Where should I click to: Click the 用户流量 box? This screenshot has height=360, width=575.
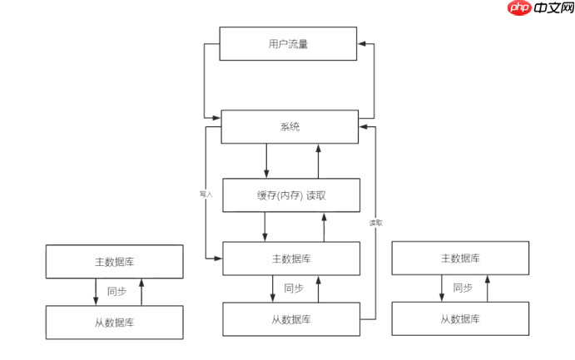coord(288,44)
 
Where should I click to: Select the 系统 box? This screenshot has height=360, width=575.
coord(289,127)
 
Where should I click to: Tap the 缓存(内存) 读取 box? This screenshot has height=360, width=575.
coord(291,195)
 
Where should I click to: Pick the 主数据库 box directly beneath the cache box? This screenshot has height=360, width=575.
coord(291,259)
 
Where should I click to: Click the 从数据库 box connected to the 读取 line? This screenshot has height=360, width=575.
coord(291,319)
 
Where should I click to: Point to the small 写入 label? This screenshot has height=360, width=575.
coord(206,194)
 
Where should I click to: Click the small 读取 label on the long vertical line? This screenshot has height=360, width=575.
coord(376,223)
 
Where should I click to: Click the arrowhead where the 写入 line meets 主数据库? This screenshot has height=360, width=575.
coord(218,259)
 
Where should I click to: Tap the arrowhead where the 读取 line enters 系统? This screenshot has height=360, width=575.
coord(363,126)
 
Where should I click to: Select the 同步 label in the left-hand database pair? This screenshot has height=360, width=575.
coord(117,291)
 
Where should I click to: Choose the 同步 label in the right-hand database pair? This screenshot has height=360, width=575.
coord(463,288)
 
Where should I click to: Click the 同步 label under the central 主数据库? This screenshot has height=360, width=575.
coord(294,288)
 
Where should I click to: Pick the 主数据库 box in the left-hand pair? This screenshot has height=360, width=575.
coord(115,261)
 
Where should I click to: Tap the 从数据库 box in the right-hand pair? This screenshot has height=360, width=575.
coord(460,319)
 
